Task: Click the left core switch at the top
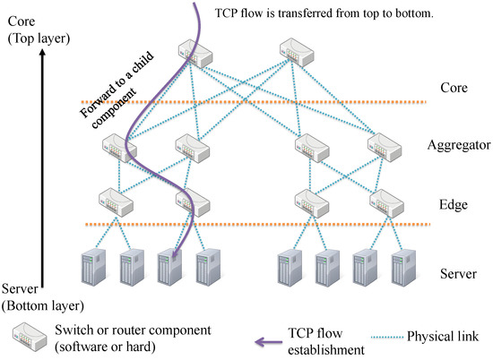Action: tap(196, 56)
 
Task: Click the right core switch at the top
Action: tap(295, 56)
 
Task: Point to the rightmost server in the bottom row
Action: tap(401, 265)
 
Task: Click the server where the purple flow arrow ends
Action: tap(169, 265)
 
